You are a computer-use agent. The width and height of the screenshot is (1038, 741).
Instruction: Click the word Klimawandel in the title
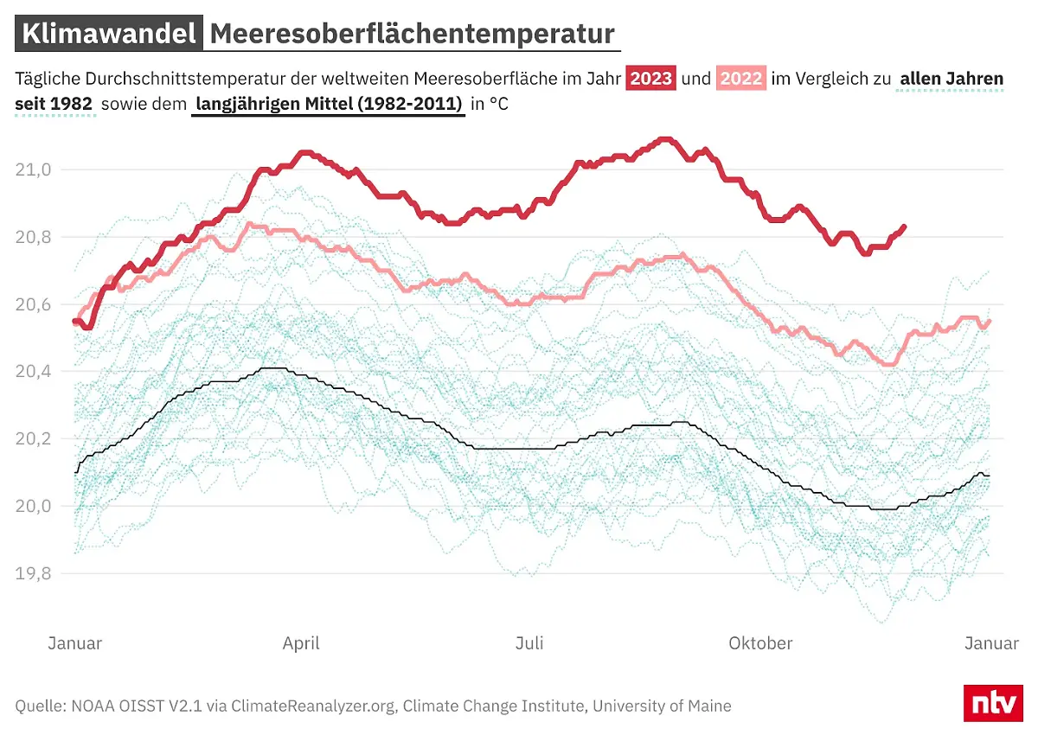point(108,34)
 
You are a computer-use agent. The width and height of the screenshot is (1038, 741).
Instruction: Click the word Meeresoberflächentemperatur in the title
point(412,34)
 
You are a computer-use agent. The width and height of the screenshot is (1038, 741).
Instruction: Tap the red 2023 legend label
point(651,79)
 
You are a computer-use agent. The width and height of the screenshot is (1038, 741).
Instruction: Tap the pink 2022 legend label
point(741,79)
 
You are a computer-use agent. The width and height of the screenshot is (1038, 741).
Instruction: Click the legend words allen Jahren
point(951,79)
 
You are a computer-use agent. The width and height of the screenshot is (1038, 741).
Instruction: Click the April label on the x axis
point(301,643)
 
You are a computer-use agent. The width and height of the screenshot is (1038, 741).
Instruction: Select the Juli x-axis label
point(529,643)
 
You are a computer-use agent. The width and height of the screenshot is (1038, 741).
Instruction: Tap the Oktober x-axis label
point(760,643)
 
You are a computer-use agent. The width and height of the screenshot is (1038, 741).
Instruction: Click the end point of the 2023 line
point(904,227)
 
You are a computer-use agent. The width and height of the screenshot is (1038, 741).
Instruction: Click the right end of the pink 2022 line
point(990,321)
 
